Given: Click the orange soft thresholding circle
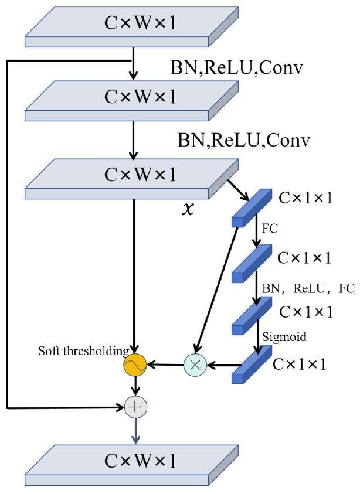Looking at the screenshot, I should pyautogui.click(x=135, y=364).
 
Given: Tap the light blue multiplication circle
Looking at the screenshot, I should pyautogui.click(x=195, y=364).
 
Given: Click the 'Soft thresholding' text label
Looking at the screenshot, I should pyautogui.click(x=83, y=352).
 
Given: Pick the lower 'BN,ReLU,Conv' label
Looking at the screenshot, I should pyautogui.click(x=243, y=141).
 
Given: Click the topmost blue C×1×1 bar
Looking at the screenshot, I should pyautogui.click(x=252, y=208).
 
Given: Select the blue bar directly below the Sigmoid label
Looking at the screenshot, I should pyautogui.click(x=252, y=364).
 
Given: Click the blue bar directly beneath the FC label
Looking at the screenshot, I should pyautogui.click(x=252, y=263).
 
